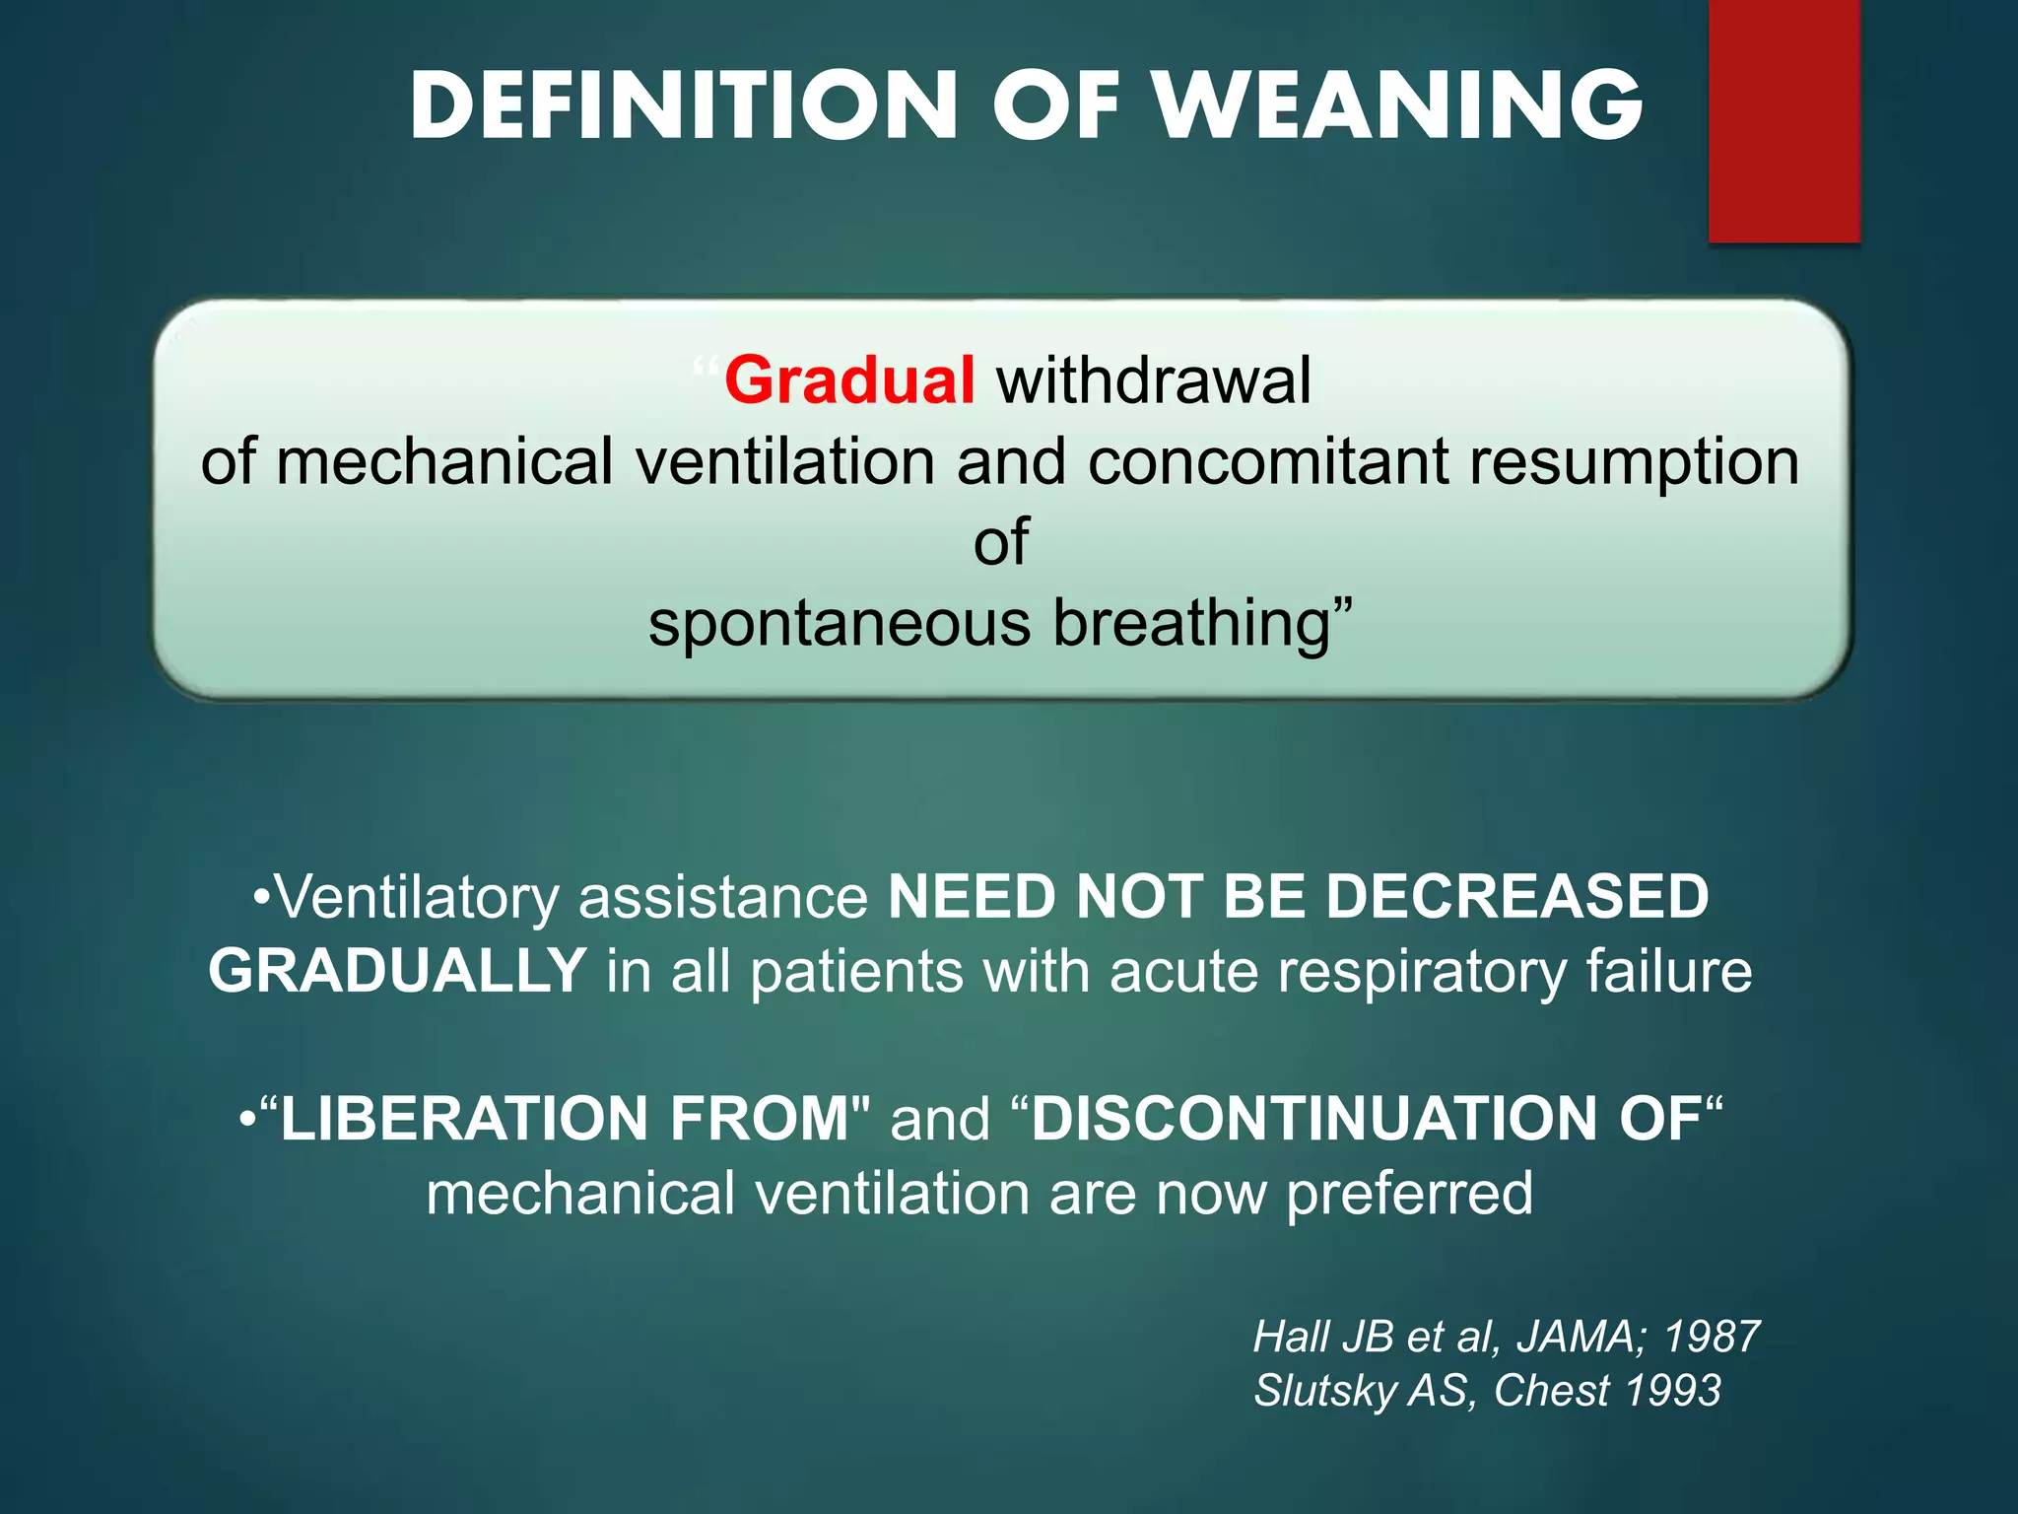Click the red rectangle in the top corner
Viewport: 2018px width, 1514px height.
coord(1783,120)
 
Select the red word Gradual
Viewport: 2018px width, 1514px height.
coord(849,380)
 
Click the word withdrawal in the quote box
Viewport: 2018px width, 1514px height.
coord(1154,380)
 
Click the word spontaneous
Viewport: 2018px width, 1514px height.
coord(840,623)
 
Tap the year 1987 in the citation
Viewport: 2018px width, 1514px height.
coord(1712,1338)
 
